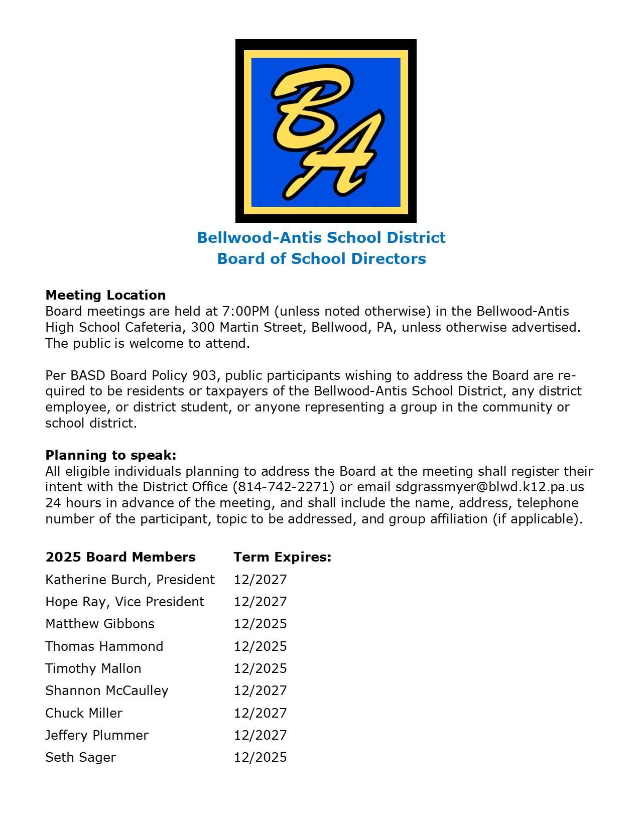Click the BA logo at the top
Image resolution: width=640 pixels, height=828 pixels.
coord(326,130)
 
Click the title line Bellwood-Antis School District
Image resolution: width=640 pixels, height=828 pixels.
coord(321,237)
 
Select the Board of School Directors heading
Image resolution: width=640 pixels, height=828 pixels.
coord(321,258)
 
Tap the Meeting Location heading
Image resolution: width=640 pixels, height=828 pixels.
coord(105,295)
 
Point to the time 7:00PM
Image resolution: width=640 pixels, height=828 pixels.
coord(243,311)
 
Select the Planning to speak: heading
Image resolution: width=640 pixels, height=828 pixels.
coord(111,455)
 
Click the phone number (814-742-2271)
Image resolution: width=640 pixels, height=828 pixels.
coord(284,487)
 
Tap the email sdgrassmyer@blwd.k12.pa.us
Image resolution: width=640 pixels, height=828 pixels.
coord(489,487)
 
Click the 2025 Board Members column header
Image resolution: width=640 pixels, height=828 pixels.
coord(120,557)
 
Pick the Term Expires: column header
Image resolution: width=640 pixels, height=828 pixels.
coord(282,557)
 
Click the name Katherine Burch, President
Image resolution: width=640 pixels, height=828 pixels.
coord(130,580)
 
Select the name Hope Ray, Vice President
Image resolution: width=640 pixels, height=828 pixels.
coord(124,602)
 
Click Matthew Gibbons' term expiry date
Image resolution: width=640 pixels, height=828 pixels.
coord(260,624)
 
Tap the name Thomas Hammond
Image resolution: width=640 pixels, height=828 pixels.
coord(104,646)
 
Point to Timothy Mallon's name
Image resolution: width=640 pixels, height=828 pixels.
coord(93,668)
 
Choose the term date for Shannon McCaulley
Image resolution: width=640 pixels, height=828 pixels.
coord(260,691)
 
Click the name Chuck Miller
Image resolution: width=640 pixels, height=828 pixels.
coord(84,713)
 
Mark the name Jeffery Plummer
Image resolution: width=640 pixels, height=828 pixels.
coord(97,735)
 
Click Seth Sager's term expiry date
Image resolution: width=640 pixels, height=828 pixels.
coord(260,757)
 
